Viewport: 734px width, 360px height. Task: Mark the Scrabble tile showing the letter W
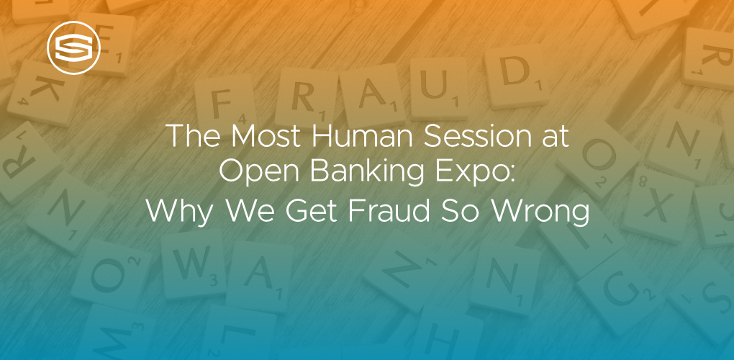pos(189,266)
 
